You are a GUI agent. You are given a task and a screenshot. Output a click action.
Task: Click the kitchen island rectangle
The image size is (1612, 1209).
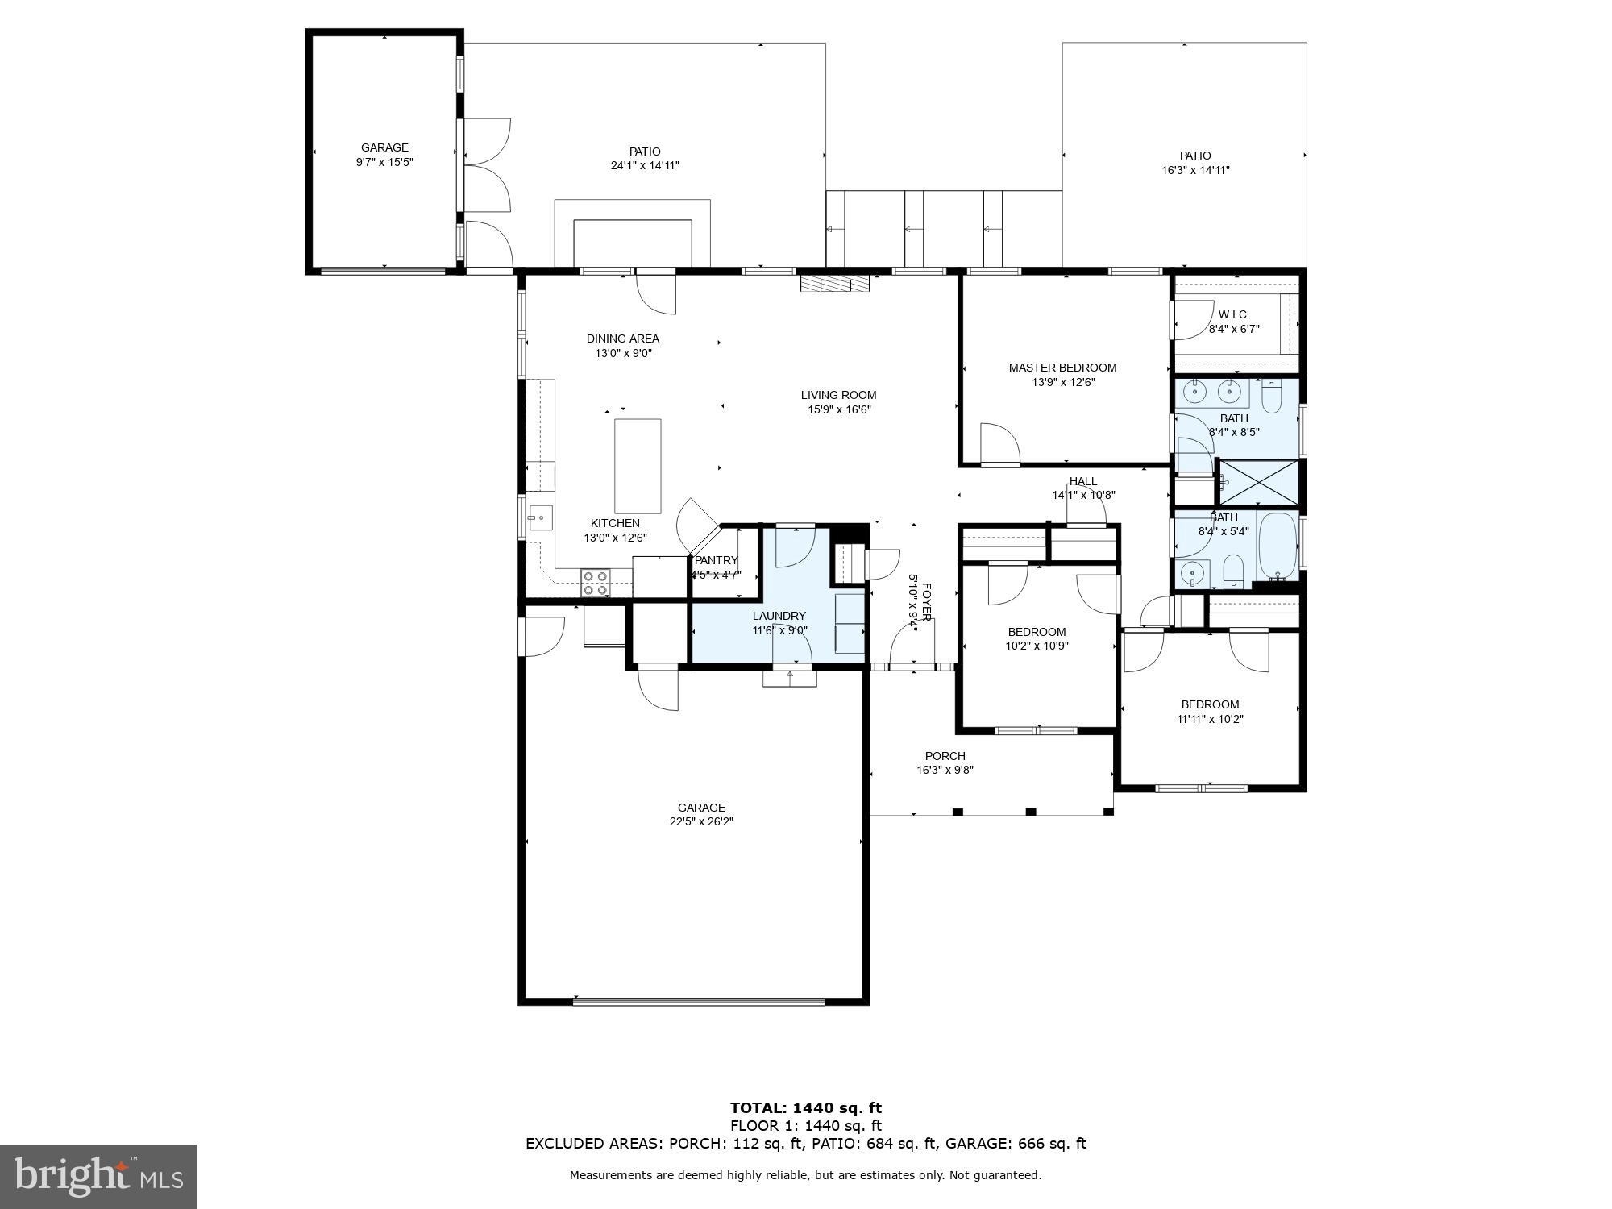coord(638,466)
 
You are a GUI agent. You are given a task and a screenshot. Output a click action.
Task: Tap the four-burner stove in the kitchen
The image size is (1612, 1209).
coord(596,583)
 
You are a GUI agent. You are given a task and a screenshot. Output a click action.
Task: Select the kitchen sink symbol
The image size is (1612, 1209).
coord(541,517)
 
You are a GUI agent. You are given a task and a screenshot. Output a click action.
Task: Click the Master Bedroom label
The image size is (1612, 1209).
coord(1062,368)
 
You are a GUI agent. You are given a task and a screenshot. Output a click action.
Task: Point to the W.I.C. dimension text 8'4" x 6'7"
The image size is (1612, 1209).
coord(1233,329)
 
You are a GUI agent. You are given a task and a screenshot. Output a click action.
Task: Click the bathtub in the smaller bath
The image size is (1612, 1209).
coord(1277,546)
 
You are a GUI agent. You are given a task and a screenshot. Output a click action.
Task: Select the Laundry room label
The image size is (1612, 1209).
coord(779,616)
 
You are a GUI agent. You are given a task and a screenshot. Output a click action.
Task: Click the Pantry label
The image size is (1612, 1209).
coord(716,560)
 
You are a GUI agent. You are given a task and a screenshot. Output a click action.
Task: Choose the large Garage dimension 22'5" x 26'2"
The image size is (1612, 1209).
coord(700,821)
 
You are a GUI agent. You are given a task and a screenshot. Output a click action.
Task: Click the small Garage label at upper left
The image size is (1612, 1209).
coord(384,147)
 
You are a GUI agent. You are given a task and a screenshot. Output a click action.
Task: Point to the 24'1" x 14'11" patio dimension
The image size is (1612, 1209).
coord(645,166)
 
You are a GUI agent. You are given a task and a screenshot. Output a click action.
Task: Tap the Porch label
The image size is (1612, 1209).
coord(945,756)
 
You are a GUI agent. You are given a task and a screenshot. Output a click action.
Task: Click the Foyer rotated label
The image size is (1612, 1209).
coord(926,602)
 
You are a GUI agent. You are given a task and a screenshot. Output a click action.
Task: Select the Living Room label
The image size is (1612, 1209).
coord(838,395)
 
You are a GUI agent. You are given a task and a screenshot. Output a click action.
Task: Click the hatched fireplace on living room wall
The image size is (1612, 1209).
coord(836,283)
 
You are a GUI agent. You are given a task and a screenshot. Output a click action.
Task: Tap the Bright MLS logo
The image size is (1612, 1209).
coord(98,1176)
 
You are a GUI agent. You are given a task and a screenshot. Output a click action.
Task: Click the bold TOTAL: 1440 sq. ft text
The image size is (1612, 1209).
coord(805,1107)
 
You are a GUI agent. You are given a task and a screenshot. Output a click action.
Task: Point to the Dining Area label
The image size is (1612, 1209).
coord(622,339)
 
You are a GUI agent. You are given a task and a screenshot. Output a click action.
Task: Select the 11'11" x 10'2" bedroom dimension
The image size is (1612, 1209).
coord(1210,719)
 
